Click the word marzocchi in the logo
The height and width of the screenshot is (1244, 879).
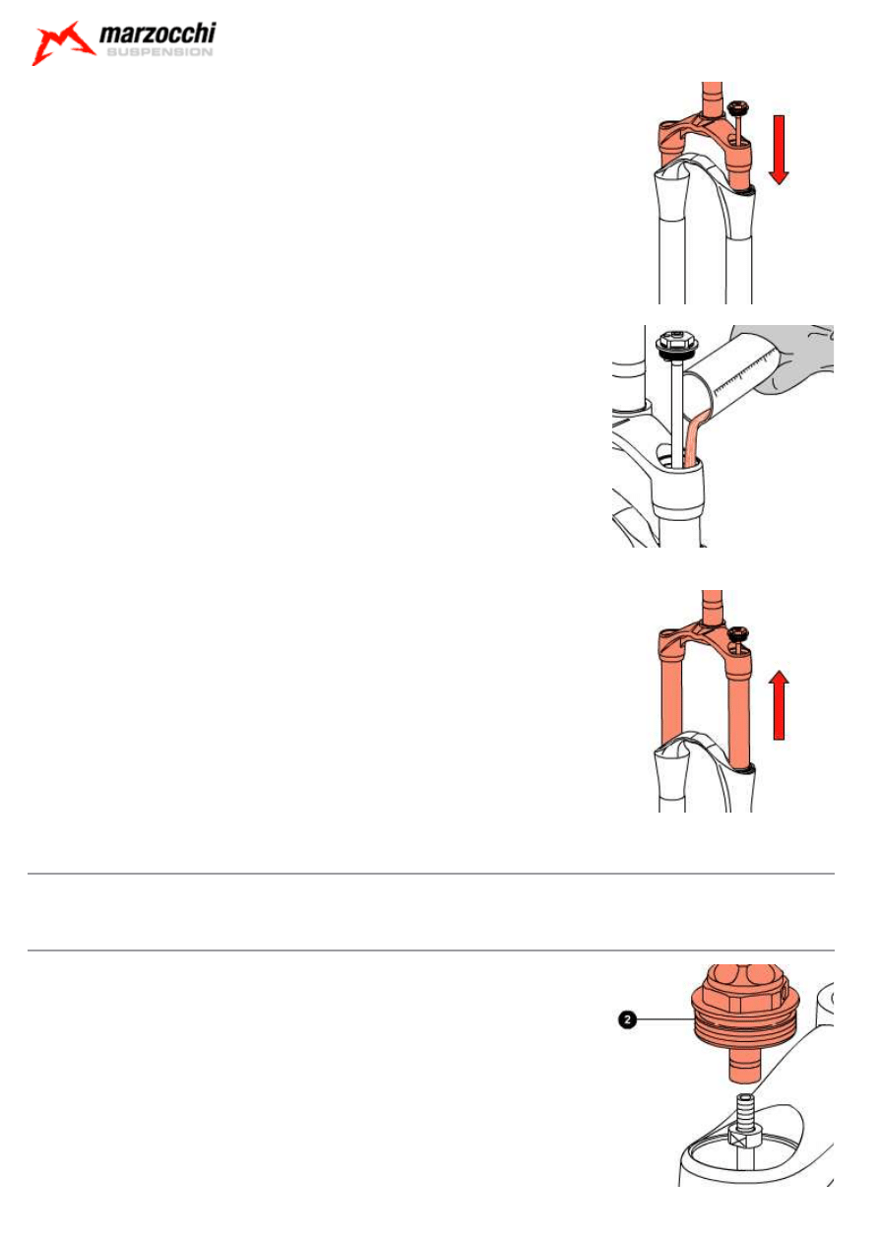click(157, 33)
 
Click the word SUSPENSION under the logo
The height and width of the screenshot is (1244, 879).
click(159, 52)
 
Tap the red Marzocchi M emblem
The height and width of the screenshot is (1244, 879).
click(62, 43)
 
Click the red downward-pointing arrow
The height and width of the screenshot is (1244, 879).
click(779, 150)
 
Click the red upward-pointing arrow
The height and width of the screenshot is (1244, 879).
click(780, 705)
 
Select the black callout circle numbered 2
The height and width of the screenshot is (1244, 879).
click(627, 1019)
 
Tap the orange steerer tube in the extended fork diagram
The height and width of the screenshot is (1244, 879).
click(713, 607)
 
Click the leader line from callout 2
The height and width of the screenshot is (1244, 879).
click(664, 1019)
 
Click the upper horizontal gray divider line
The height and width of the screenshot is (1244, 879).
click(431, 874)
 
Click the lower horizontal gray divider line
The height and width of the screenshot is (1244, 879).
click(431, 950)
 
